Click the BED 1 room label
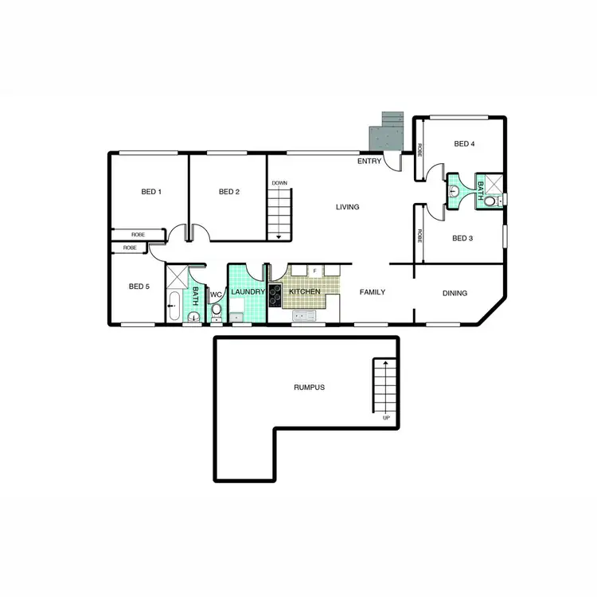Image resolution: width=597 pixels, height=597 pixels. [x=150, y=192]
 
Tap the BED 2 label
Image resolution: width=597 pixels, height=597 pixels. [x=228, y=192]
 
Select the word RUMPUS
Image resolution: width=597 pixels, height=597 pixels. [x=310, y=388]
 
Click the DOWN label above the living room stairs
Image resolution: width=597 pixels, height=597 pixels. [x=279, y=183]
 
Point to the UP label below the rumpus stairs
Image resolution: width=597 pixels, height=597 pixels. [x=386, y=418]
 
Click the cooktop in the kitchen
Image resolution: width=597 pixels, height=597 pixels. [x=275, y=295]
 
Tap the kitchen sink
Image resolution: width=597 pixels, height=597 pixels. [x=304, y=315]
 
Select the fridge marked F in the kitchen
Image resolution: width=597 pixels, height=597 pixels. [x=315, y=271]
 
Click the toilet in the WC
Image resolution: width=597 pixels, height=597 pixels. [x=216, y=309]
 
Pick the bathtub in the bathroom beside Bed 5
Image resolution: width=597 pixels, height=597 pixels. [x=174, y=306]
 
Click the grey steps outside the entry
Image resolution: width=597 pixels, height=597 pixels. [x=388, y=130]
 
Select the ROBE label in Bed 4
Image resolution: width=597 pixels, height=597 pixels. [x=419, y=149]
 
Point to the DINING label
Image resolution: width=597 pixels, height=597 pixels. [x=455, y=293]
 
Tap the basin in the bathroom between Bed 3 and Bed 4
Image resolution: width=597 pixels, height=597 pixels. [x=455, y=191]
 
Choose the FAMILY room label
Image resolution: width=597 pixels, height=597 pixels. [x=372, y=292]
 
